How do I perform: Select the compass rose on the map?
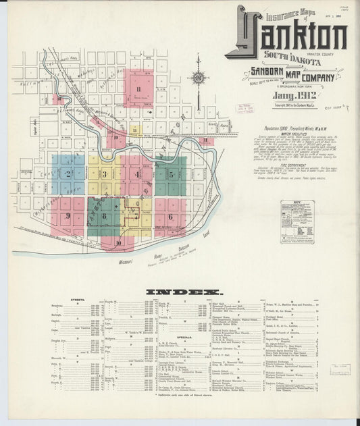(x=198, y=78)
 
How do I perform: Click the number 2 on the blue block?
(x=68, y=173)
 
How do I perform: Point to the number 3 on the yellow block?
(x=105, y=174)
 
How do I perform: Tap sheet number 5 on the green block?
(x=171, y=174)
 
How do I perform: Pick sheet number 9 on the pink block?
(x=68, y=215)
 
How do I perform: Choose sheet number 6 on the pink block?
(x=171, y=217)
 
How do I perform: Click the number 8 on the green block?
(x=105, y=216)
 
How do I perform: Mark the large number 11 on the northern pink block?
(x=138, y=88)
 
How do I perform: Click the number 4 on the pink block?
(x=138, y=174)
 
